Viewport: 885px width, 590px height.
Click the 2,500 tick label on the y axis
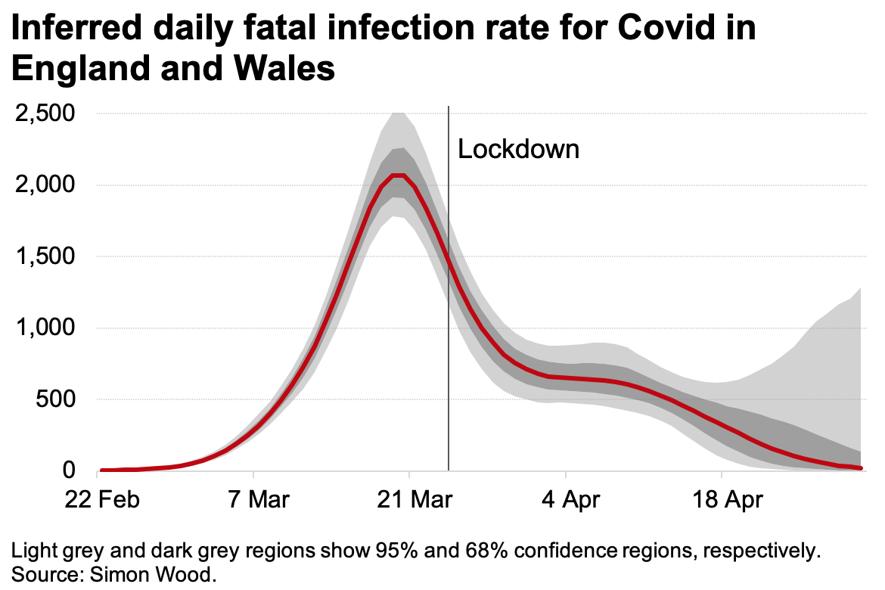[x=44, y=114]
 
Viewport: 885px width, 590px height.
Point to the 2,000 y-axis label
[x=44, y=185]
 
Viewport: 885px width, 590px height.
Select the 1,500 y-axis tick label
[x=44, y=256]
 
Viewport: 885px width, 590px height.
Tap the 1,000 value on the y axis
[x=44, y=328]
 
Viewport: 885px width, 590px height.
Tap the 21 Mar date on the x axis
[x=409, y=500]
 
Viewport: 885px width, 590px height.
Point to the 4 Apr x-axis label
[x=566, y=500]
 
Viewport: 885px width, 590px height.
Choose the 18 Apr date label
[x=722, y=500]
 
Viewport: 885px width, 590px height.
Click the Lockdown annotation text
[x=519, y=149]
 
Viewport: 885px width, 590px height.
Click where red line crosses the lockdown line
[x=449, y=262]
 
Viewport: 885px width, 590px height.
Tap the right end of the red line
[x=861, y=469]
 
